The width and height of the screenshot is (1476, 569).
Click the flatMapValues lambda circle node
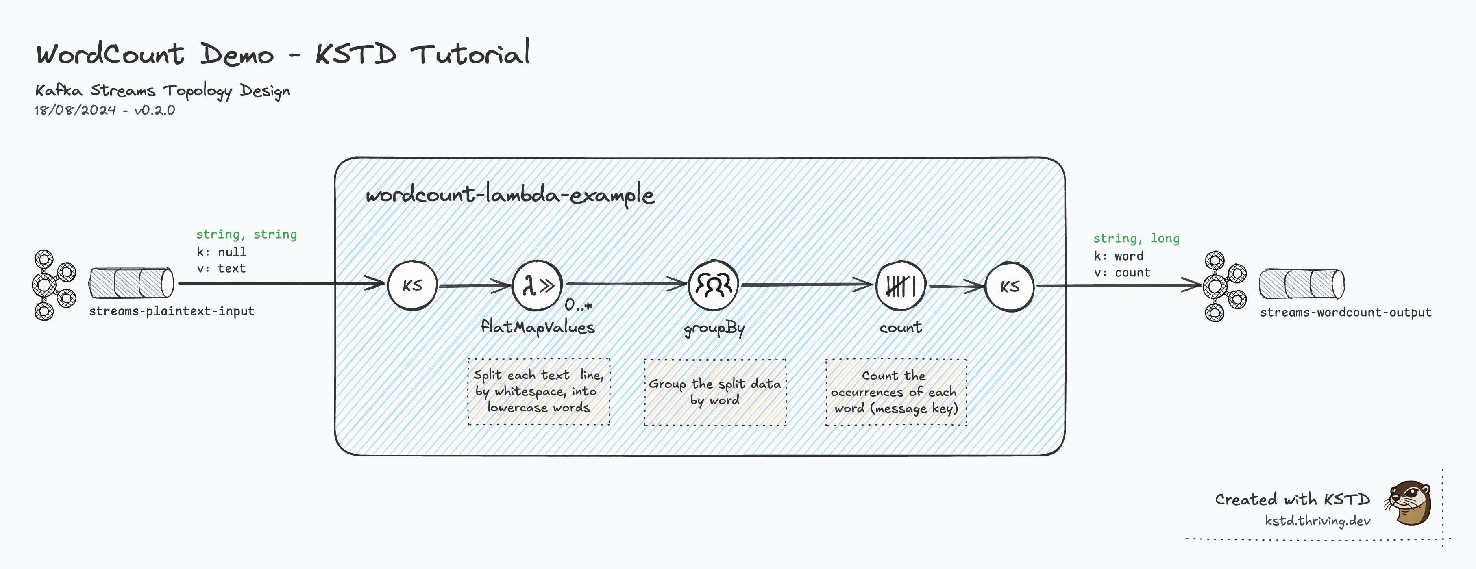point(537,285)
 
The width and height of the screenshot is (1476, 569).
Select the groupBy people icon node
point(713,285)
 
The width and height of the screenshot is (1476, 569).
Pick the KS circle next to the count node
point(1010,287)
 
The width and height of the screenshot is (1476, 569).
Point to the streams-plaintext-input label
point(171,311)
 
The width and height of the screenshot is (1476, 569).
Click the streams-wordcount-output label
point(1345,312)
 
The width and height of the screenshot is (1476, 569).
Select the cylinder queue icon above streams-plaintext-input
point(131,282)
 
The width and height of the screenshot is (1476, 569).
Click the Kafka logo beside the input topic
point(53,285)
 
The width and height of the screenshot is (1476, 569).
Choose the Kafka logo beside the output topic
point(1224,286)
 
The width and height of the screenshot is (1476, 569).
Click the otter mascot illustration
point(1409,502)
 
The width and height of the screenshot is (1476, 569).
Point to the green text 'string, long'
point(1136,239)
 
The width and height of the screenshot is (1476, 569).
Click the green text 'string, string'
point(246,235)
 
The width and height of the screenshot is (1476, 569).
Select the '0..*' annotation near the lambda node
point(577,305)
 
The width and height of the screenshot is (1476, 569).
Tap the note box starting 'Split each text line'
point(539,391)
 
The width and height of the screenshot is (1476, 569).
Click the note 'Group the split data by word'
point(714,392)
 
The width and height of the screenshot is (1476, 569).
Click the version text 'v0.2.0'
point(155,110)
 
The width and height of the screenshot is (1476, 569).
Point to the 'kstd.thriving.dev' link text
point(1317,520)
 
